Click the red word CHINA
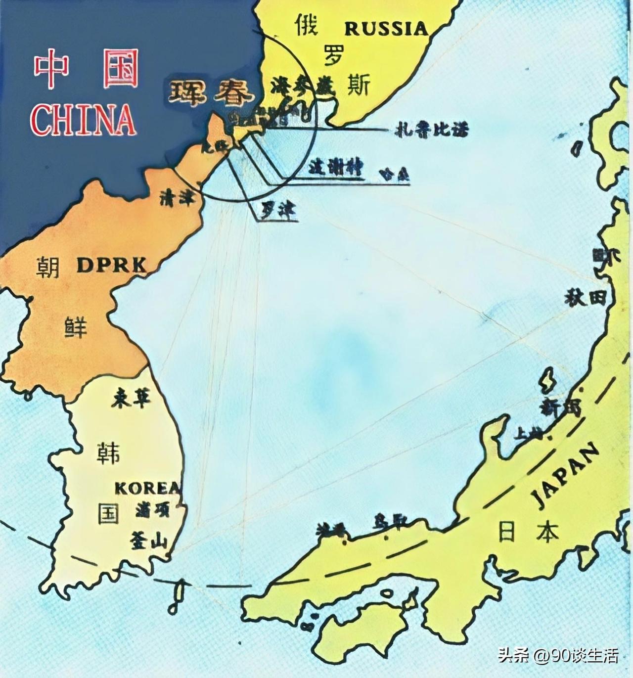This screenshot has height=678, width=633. click(x=83, y=119)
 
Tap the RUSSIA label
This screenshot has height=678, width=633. click(x=386, y=29)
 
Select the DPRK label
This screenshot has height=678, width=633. click(x=112, y=266)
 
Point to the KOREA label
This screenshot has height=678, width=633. click(x=147, y=488)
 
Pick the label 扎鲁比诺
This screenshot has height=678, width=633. click(x=431, y=130)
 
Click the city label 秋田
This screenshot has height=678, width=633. click(x=586, y=298)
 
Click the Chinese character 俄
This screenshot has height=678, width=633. click(x=307, y=25)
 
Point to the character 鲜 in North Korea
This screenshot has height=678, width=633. click(x=76, y=327)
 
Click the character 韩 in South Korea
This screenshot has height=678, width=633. click(x=108, y=452)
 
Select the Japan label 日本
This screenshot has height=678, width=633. click(x=529, y=533)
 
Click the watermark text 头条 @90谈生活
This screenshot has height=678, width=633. click(x=558, y=656)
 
